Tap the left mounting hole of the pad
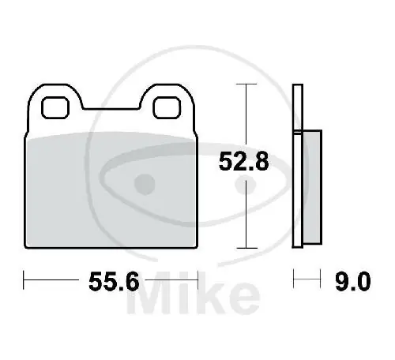56,105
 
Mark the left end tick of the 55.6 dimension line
24,279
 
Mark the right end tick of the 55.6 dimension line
198,279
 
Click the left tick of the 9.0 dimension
294,279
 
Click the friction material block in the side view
311,187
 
